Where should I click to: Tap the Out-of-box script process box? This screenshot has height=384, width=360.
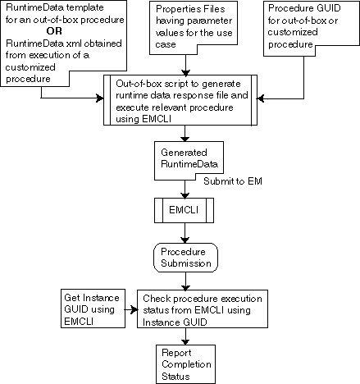point(188,98)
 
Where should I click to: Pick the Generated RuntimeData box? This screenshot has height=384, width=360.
point(187,158)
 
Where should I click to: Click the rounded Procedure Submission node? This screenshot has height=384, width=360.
point(187,258)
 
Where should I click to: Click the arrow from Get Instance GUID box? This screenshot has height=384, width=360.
point(129,311)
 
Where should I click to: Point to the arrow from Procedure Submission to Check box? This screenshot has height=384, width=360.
point(187,281)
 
